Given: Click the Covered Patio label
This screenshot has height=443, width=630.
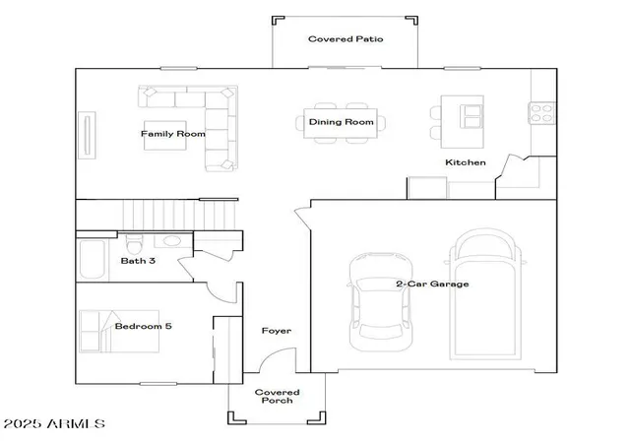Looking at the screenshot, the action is (x=346, y=39).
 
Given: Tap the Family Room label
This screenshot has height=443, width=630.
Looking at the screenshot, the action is (x=173, y=134).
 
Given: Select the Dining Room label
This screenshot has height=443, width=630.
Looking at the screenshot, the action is (x=342, y=122).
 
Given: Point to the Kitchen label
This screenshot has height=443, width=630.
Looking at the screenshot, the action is (x=466, y=162).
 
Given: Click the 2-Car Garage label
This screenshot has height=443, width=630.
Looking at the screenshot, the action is (x=432, y=284).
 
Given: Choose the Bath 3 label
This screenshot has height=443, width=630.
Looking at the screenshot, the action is (x=138, y=261).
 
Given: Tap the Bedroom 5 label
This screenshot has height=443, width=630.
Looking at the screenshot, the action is (x=143, y=326).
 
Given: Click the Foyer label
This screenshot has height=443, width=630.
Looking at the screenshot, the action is (x=277, y=331).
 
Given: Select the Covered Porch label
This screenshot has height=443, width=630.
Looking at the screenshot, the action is (x=277, y=397).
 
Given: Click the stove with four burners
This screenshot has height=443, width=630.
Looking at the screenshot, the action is (x=542, y=113).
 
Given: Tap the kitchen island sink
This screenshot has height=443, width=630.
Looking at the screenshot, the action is (x=472, y=116).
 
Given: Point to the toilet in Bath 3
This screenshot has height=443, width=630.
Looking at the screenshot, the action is (x=134, y=243).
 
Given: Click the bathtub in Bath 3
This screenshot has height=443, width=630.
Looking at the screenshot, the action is (x=93, y=259).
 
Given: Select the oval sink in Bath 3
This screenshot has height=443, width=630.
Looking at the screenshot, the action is (x=172, y=241).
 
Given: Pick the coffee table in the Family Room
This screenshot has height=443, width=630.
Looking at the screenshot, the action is (x=164, y=136).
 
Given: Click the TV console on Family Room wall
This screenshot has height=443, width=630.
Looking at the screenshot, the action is (x=87, y=135).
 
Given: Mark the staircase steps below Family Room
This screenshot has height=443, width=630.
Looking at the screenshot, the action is (x=179, y=215).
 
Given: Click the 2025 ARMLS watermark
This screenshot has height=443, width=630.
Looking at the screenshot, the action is (x=54, y=423).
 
